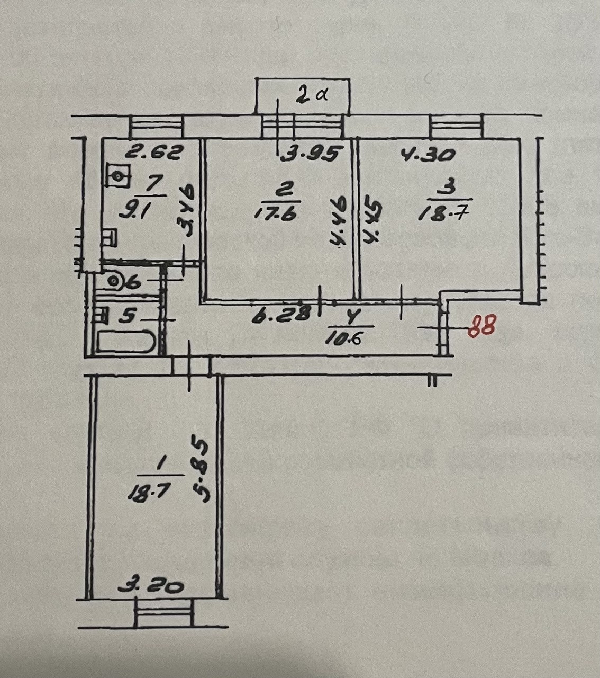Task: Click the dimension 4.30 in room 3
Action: click(x=429, y=155)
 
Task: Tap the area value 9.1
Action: click(x=129, y=212)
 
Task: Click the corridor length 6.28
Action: click(x=280, y=314)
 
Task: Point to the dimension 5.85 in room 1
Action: click(x=203, y=468)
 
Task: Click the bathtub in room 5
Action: click(x=125, y=342)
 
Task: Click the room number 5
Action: click(x=129, y=316)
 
